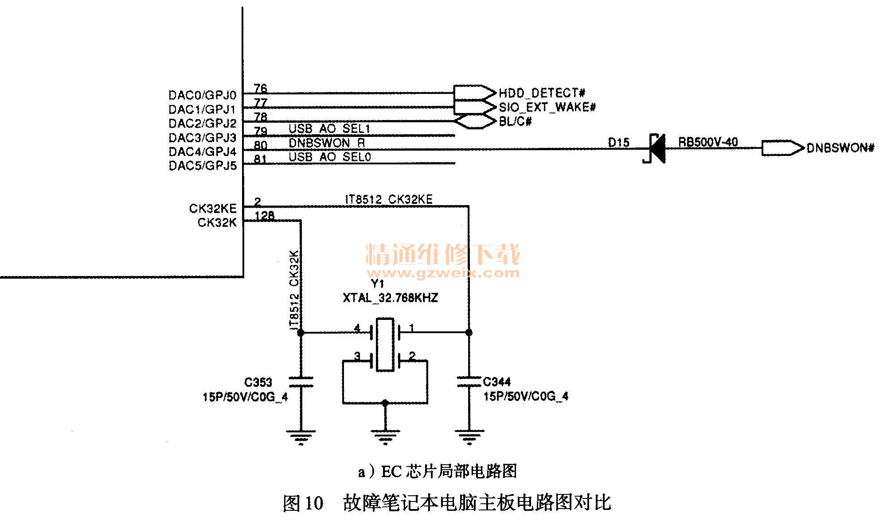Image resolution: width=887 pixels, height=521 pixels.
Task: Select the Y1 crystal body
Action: pos(384,344)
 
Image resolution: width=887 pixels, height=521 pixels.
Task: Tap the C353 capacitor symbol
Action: pos(301,382)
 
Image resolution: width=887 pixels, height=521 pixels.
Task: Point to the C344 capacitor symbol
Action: pos(469,382)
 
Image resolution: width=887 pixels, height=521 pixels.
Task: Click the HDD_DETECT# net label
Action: pos(542,93)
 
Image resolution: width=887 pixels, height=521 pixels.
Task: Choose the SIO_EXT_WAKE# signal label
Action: pos(547,107)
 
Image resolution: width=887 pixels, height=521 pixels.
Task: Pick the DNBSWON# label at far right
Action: pos(840,148)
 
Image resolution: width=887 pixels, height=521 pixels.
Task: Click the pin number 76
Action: pos(260,88)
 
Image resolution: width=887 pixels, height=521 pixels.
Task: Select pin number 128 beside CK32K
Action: pos(265,216)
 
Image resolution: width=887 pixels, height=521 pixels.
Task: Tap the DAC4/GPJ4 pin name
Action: pos(203,152)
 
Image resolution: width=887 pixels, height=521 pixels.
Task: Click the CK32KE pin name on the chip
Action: pos(213,208)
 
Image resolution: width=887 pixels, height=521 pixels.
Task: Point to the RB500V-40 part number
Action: pos(708,142)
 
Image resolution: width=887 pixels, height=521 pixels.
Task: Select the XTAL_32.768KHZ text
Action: pos(390,298)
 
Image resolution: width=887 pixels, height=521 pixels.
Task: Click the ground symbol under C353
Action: pos(301,436)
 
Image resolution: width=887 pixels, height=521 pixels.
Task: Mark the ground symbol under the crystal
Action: pos(385,436)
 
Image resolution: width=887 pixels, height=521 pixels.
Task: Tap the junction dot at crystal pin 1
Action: pos(469,332)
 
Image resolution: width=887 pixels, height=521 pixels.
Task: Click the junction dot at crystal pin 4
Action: pos(301,332)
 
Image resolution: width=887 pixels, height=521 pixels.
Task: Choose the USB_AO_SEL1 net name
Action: pos(329,129)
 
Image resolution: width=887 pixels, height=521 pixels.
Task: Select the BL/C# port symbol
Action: pos(475,121)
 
